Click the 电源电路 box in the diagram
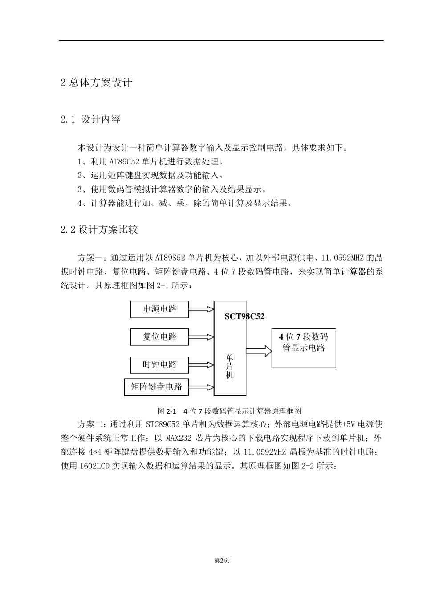[x=159, y=309]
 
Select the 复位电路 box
[x=159, y=337]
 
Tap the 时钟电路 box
[x=159, y=365]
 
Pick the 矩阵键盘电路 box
[x=156, y=387]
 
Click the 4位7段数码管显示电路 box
[x=304, y=348]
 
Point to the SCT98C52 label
[x=244, y=316]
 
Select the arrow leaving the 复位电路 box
[x=201, y=336]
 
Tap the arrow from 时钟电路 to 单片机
[x=201, y=365]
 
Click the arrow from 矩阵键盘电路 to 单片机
[x=201, y=387]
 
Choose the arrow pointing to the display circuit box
[x=259, y=351]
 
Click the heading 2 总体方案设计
[x=96, y=83]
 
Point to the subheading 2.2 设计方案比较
[x=99, y=230]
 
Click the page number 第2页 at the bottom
[x=221, y=561]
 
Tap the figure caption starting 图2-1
[x=229, y=410]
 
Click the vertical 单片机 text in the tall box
[x=230, y=366]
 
